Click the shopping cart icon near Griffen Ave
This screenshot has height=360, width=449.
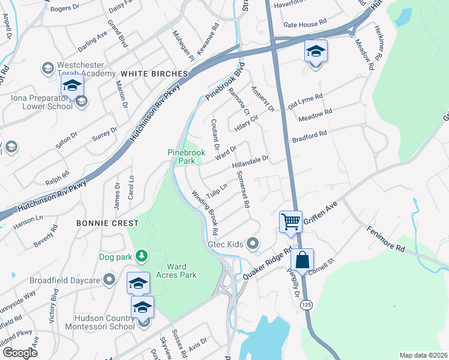click(x=291, y=221)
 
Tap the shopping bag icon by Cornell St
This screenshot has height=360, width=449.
click(x=302, y=260)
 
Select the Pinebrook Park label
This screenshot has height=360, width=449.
click(x=186, y=157)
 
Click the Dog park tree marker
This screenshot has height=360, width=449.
click(x=142, y=256)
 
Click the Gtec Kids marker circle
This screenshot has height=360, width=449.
click(x=253, y=244)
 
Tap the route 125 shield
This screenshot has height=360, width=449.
click(x=306, y=304)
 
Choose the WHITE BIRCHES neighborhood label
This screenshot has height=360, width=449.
click(x=154, y=74)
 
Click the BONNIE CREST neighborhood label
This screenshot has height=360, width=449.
click(x=107, y=223)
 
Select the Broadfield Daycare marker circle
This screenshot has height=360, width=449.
click(x=109, y=280)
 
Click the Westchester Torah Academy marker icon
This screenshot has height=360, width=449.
click(x=47, y=68)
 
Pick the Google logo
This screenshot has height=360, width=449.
click(x=20, y=353)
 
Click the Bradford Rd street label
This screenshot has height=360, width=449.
click(x=309, y=136)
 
